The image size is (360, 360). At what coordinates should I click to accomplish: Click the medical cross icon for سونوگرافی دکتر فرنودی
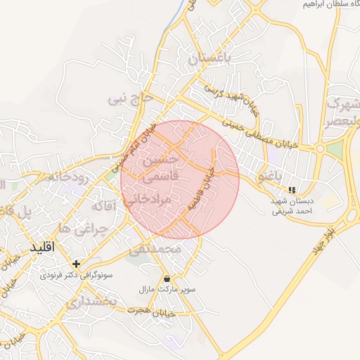[77, 264]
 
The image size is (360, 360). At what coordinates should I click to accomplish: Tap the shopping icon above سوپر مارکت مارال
[167, 278]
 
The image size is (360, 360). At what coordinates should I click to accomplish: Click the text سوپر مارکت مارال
[167, 289]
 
